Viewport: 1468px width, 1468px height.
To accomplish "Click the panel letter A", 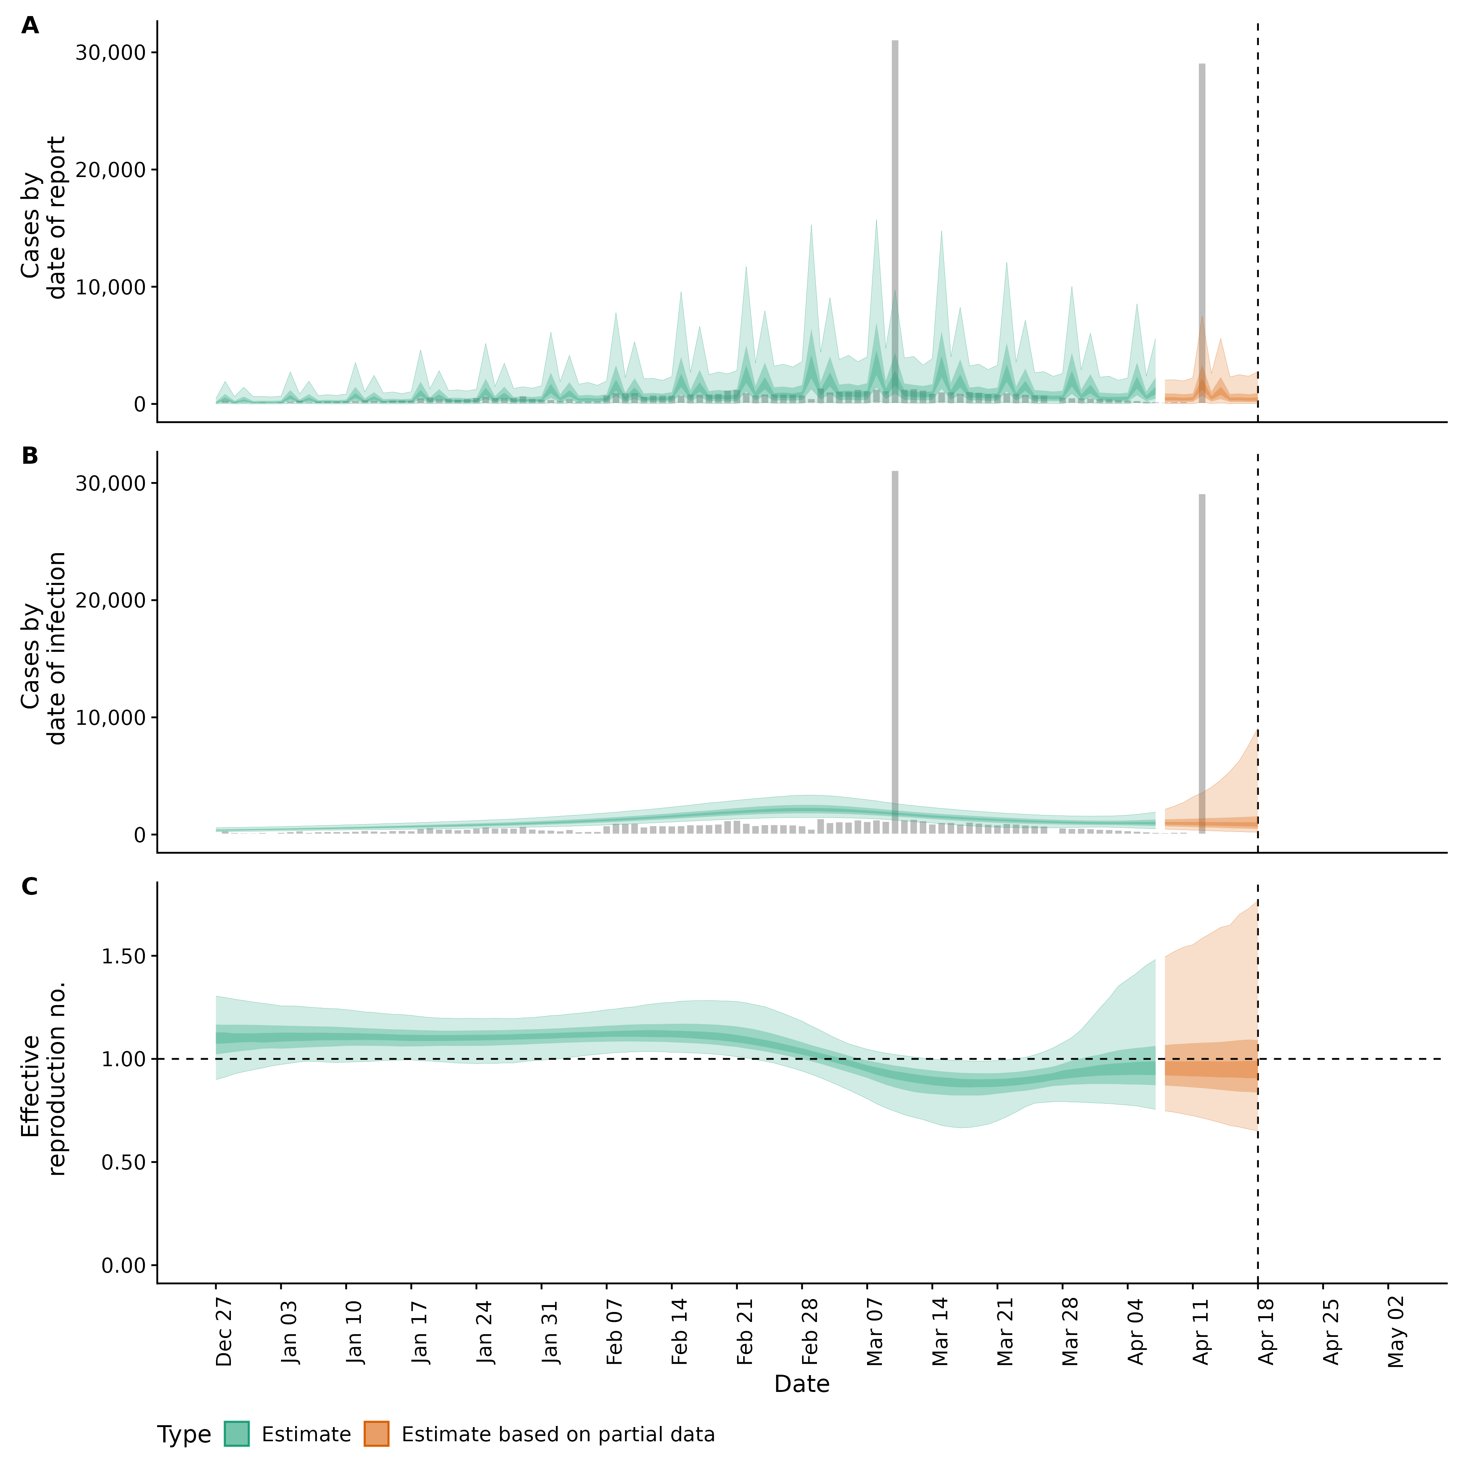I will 30,26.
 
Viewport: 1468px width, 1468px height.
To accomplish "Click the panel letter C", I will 30,887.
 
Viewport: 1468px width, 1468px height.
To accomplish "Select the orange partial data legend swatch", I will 376,1434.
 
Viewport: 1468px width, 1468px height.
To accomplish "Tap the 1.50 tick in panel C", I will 123,956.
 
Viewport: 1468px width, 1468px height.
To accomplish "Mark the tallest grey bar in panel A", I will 895,220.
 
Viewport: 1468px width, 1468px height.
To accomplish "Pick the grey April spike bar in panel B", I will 1202,661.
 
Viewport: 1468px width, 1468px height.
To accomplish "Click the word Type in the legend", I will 184,1435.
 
